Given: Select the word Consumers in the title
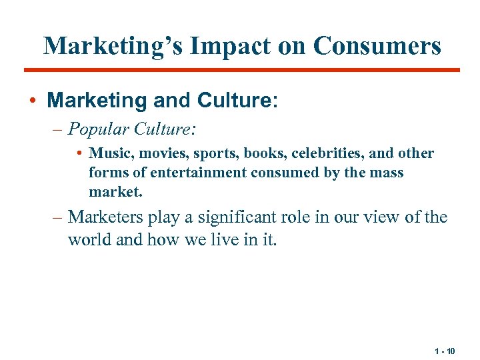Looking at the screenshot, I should pyautogui.click(x=377, y=45).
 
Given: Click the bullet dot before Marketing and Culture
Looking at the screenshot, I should pyautogui.click(x=33, y=101).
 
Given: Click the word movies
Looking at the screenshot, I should pyautogui.click(x=160, y=153).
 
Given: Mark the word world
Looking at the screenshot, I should pyautogui.click(x=90, y=239).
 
